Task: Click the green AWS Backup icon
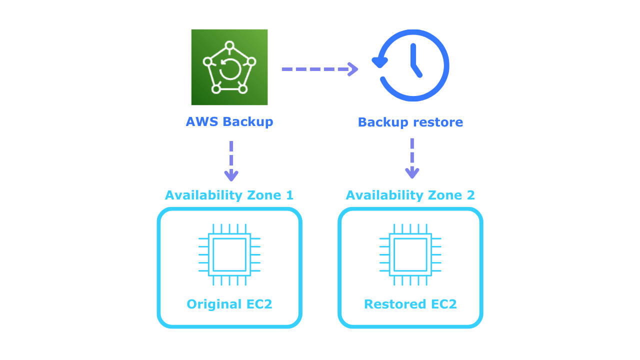coord(229,67)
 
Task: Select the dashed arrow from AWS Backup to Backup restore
coord(320,69)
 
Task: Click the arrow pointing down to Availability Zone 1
coord(231,161)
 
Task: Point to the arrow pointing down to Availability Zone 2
coord(412,158)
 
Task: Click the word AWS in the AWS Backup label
coord(202,122)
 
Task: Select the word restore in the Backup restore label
coord(437,122)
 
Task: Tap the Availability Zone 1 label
coord(229,195)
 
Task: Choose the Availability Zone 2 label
coord(410,195)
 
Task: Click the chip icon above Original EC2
coord(229,254)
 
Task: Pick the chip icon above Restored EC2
coord(410,254)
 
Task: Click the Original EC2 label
coord(229,304)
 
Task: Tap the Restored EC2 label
coord(410,304)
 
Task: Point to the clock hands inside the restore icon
coord(414,62)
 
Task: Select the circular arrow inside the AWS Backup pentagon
coord(230,69)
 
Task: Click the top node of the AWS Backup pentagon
coord(229,45)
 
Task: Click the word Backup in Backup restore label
coord(383,122)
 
